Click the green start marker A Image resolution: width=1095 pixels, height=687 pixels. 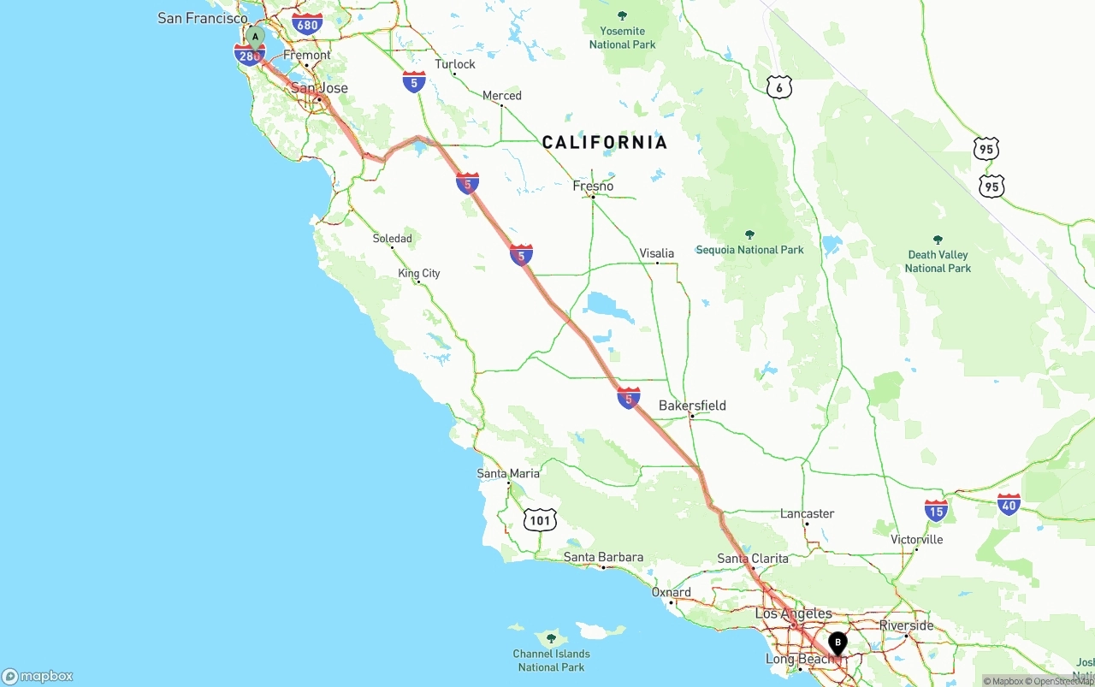point(255,37)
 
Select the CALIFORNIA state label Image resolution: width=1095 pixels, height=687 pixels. point(604,143)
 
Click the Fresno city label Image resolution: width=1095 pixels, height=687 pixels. point(593,186)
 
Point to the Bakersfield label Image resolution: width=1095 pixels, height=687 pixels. point(692,405)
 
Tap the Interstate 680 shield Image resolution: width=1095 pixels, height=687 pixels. point(306,24)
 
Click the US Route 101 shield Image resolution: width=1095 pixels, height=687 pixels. point(541,519)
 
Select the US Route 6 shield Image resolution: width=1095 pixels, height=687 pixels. point(778,86)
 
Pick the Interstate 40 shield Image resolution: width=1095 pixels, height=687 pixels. point(1009,505)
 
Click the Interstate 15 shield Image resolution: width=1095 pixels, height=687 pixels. point(936,511)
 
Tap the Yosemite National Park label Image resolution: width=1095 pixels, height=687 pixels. point(622,38)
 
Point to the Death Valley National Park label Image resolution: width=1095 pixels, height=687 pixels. point(938,261)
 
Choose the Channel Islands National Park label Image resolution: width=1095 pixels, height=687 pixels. point(552,660)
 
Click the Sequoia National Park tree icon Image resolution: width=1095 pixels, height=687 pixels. point(749,234)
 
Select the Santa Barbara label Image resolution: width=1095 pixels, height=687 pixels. point(603,557)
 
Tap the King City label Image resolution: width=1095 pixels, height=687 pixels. point(419,273)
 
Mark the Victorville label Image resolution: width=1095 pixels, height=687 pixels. point(916,539)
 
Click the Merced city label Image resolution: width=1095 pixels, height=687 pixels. point(501,95)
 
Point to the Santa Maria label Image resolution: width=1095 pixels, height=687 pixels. point(508,473)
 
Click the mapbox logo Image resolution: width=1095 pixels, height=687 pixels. point(38,676)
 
